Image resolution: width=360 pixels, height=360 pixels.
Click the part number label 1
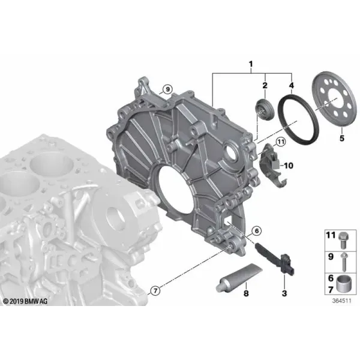tap(251, 64)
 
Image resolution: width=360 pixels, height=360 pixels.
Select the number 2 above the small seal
tap(265, 85)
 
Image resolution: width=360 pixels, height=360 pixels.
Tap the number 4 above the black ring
tap(292, 85)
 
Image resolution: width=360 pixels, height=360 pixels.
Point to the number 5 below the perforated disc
tap(342, 138)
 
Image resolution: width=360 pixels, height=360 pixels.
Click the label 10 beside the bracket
tap(289, 166)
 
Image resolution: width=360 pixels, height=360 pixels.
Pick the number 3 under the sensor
tap(284, 293)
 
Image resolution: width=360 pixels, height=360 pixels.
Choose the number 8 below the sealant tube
tap(246, 293)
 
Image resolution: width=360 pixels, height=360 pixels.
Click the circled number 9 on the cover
tap(167, 89)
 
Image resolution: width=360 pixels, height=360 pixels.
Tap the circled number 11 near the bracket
tap(281, 142)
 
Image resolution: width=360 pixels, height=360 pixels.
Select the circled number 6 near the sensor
tap(256, 230)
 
